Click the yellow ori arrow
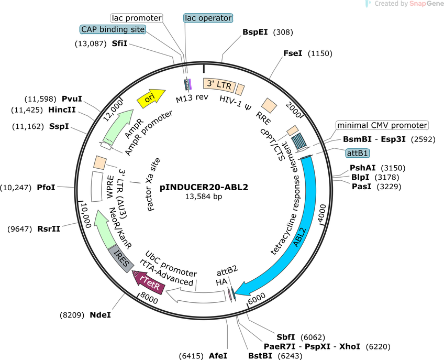pos(151,99)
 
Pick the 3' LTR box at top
pos(219,85)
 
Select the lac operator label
pos(208,18)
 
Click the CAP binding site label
pos(113,29)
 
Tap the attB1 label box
pos(358,153)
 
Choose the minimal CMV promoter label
pos(382,125)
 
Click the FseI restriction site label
pos(293,53)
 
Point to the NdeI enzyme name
pos(100,314)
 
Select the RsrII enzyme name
pos(49,228)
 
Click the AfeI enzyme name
pos(218,355)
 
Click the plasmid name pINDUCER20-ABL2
pos(204,187)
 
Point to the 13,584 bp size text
pos(204,196)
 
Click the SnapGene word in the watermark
pos(426,4)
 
